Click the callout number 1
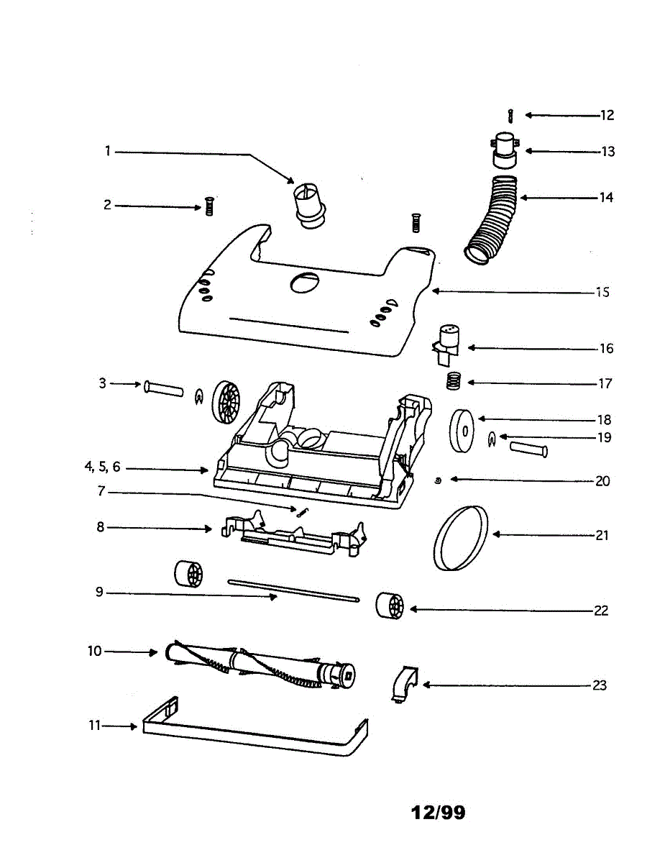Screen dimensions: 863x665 [107, 151]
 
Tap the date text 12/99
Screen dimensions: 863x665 [438, 813]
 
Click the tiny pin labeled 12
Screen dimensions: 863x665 [510, 115]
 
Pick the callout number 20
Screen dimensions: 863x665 [602, 480]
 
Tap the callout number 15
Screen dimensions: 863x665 [602, 292]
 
